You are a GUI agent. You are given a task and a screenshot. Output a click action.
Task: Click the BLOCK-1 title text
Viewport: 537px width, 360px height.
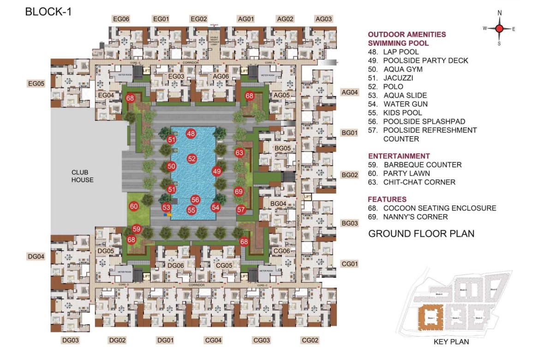click(x=48, y=12)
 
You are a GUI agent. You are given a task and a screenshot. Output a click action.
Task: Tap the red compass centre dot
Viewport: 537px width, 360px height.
click(x=499, y=29)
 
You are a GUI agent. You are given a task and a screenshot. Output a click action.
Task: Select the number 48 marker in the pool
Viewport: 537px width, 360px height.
click(x=191, y=134)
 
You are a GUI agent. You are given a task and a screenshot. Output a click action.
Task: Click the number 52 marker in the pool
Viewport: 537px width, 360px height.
click(x=192, y=159)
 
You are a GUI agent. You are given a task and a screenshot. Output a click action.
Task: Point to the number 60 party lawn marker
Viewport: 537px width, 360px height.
click(x=134, y=206)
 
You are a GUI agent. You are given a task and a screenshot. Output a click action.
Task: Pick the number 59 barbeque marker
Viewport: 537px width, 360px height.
click(x=137, y=229)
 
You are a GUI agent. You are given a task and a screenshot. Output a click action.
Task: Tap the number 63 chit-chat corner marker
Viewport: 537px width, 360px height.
click(x=239, y=153)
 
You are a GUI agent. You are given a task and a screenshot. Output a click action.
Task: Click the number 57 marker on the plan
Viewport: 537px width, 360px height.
click(x=241, y=210)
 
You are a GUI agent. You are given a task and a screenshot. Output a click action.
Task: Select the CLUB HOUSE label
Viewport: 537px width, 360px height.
click(x=83, y=176)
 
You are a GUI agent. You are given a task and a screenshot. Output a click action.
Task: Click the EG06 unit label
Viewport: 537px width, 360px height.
click(x=121, y=19)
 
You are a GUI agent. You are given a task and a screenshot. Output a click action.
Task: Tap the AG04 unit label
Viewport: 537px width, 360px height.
click(x=349, y=92)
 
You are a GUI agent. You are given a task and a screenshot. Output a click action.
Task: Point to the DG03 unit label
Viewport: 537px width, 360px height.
click(x=71, y=341)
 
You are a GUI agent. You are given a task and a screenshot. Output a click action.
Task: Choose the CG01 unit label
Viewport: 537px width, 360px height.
click(x=349, y=264)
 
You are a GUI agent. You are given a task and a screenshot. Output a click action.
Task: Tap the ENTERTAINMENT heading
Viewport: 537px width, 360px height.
click(x=399, y=156)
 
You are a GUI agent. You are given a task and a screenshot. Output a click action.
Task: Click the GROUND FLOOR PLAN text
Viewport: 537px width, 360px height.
click(x=421, y=234)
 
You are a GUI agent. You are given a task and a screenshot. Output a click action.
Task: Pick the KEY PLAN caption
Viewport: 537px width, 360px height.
click(x=451, y=342)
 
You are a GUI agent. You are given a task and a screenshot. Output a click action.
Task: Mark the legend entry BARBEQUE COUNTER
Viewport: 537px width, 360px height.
click(x=422, y=165)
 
